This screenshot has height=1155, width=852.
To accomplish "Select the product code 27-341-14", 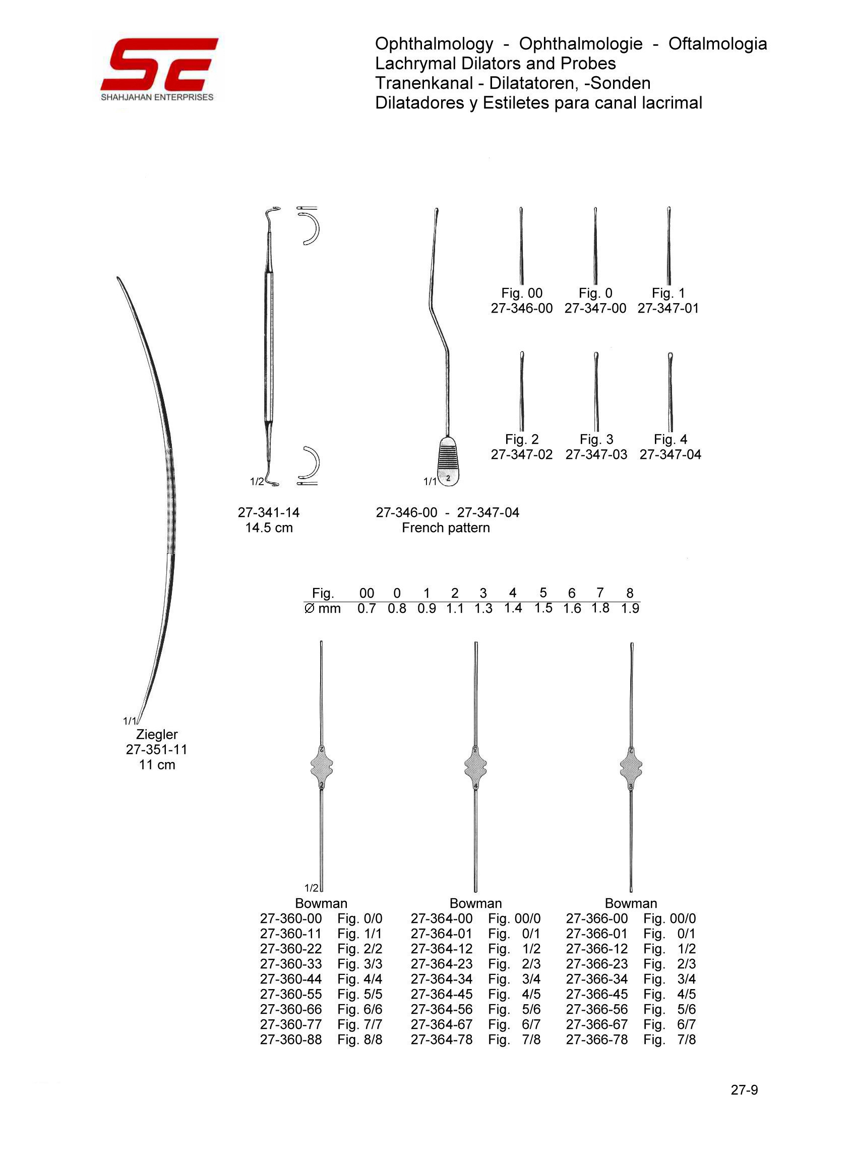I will (268, 512).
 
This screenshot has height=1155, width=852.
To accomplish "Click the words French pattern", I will (446, 528).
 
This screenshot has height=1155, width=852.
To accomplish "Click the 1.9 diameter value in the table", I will (630, 609).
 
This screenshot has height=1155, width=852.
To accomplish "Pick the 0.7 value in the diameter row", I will (367, 609).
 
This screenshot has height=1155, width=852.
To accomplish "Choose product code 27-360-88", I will (291, 1039).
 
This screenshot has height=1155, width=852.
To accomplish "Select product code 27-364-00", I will (442, 919).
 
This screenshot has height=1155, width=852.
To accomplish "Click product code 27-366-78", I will (597, 1039).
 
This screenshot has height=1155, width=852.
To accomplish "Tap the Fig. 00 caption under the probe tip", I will (521, 293).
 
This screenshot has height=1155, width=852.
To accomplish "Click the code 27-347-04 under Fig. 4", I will (670, 454).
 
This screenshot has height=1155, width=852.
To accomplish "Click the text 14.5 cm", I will (269, 528).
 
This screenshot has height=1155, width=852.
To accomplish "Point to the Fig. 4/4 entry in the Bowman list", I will (360, 979).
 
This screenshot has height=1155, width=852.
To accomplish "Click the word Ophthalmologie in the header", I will (581, 44).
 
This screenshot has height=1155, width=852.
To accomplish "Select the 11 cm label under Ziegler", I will (157, 765).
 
